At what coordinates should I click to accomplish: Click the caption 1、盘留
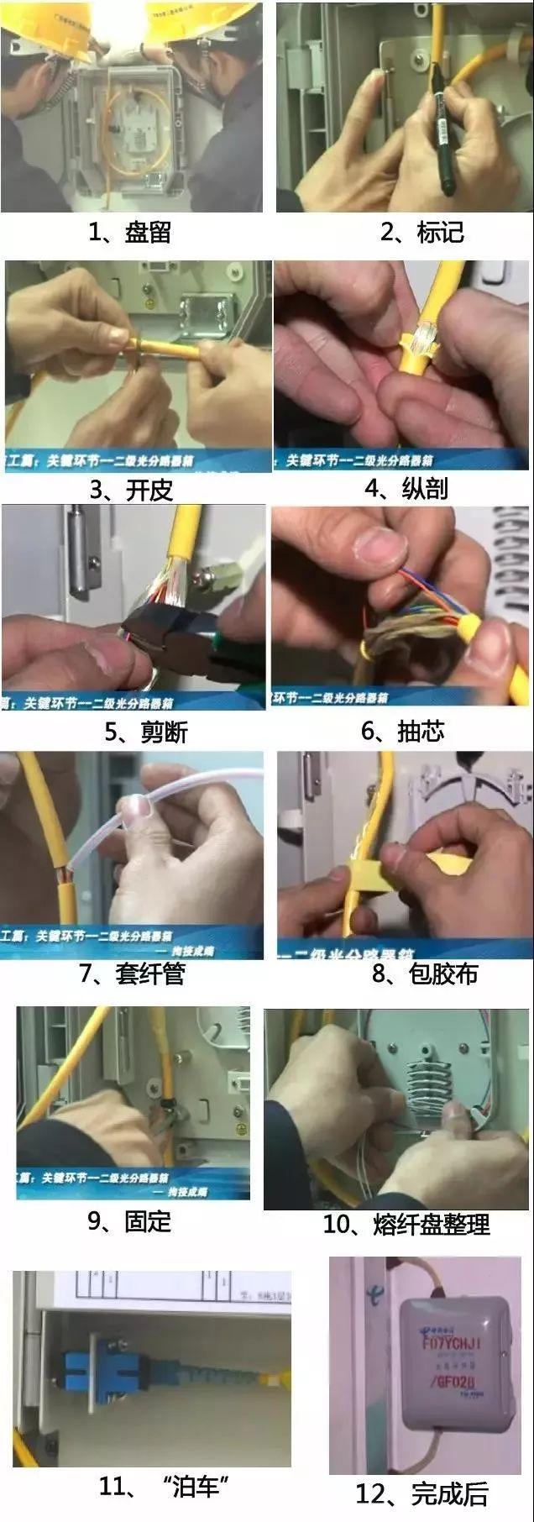tap(130, 232)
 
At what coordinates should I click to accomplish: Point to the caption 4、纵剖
tap(406, 488)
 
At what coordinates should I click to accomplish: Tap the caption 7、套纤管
tap(132, 974)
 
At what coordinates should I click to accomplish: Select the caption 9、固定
tap(129, 1221)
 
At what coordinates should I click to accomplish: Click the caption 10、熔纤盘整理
tap(406, 1225)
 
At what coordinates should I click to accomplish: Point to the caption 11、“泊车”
tap(160, 1486)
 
